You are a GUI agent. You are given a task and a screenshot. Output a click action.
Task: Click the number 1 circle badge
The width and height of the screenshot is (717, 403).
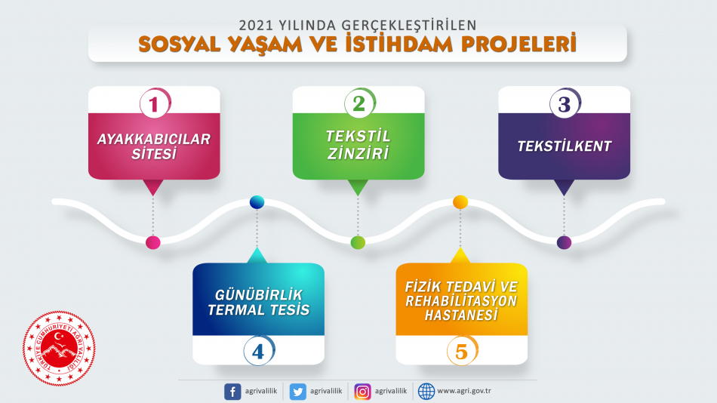(x=155, y=103)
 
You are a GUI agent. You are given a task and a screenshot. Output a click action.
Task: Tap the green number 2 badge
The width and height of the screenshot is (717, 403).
(x=360, y=103)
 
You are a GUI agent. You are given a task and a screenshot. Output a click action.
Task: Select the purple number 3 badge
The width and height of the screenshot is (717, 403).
(x=565, y=103)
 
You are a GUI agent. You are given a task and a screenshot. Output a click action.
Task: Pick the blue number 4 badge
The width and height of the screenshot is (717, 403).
(x=260, y=351)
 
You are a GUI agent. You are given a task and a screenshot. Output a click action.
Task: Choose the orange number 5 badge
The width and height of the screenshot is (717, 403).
(x=463, y=351)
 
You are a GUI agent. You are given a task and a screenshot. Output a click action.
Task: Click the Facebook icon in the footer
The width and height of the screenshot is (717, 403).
(x=232, y=392)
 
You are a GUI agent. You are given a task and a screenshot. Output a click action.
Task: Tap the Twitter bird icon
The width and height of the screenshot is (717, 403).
(x=297, y=392)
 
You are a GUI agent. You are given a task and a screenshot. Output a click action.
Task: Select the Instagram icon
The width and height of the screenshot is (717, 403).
(x=362, y=392)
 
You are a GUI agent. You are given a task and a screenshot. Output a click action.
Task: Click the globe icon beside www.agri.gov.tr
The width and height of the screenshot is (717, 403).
(x=426, y=392)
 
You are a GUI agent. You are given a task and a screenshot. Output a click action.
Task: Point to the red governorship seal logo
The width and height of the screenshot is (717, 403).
(x=59, y=349)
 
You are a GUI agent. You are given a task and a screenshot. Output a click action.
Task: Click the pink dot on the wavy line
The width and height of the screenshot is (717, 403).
(x=152, y=242)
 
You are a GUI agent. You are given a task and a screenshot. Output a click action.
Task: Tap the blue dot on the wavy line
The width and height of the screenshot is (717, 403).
(x=257, y=201)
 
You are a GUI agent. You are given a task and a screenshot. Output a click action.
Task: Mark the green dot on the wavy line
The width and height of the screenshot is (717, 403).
(x=358, y=242)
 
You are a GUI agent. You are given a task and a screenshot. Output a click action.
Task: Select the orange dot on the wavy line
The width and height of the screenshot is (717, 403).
(x=460, y=201)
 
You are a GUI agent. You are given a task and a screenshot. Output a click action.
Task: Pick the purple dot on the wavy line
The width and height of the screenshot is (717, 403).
(x=564, y=242)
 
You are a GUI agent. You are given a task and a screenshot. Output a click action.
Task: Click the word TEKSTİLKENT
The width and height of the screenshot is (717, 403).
(x=565, y=146)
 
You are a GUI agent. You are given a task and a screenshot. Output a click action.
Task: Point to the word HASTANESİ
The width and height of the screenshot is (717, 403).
(x=461, y=315)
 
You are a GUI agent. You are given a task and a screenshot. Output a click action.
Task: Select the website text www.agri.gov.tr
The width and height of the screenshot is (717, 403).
(x=464, y=391)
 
